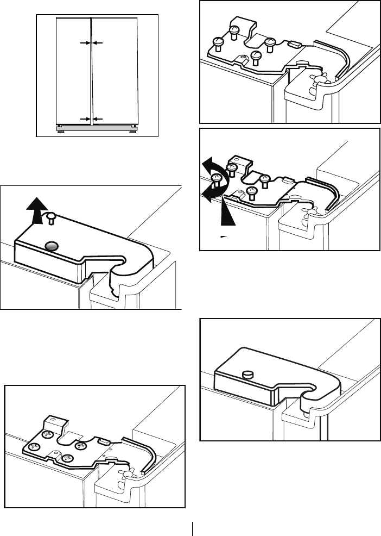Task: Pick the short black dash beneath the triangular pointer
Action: click(224, 236)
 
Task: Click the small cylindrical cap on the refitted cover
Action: click(247, 375)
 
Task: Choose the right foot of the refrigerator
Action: click(132, 131)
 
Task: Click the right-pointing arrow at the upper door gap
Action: click(84, 42)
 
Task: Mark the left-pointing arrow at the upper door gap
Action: click(98, 42)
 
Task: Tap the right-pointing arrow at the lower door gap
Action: click(84, 118)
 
